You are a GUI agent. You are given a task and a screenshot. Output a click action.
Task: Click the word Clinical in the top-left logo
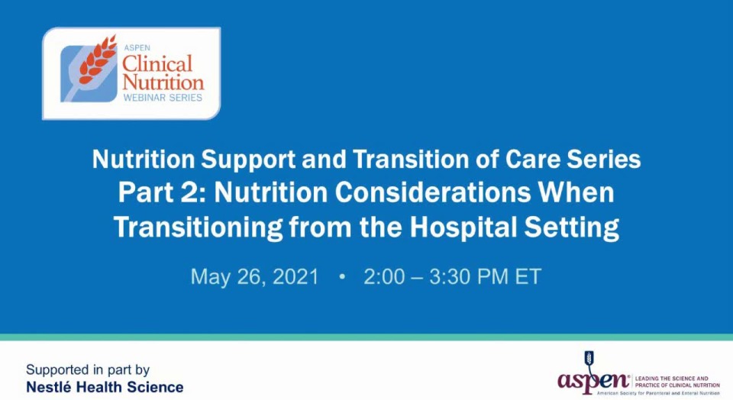pos(157,63)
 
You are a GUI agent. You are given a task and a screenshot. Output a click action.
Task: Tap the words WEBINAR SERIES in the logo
pos(163,98)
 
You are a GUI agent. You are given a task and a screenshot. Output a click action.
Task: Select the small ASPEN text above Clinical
pos(137,47)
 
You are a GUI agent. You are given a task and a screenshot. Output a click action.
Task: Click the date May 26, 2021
pos(254,276)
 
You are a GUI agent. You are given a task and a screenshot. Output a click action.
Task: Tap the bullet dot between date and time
pos(341,276)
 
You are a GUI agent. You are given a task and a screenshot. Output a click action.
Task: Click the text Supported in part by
pos(88,370)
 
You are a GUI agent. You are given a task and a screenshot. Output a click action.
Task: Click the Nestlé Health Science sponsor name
pos(105,387)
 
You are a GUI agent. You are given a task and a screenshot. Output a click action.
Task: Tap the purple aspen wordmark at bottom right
pos(593,380)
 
